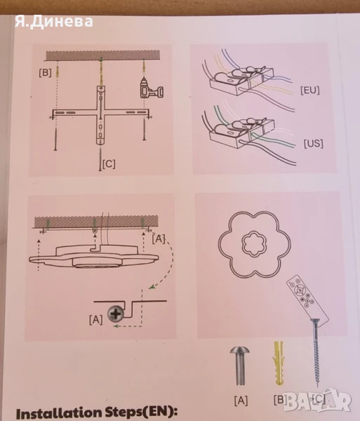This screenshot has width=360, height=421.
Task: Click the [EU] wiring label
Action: click(310, 91)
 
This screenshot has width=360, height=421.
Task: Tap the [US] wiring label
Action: click(313, 144)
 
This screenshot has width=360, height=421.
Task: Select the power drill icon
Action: click(152, 88)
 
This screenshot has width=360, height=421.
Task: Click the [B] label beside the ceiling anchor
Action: click(45, 73)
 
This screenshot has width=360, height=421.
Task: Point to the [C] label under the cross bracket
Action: click(109, 164)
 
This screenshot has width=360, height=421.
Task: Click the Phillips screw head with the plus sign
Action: click(116, 314)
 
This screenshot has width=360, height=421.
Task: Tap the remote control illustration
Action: click(307, 299)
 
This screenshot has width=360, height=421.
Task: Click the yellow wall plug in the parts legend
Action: click(279, 363)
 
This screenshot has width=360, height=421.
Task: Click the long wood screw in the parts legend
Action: click(316, 352)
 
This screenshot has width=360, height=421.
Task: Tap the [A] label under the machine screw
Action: click(241, 401)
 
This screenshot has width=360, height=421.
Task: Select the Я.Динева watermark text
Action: click(54, 22)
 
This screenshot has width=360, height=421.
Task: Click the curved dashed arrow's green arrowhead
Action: click(152, 287)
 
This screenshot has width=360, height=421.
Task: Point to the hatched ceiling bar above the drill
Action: click(103, 55)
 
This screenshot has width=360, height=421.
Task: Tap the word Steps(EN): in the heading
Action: click(141, 413)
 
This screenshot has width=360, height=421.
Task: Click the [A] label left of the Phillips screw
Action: click(96, 320)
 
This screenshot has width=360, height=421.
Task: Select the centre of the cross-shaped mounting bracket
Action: click(100, 112)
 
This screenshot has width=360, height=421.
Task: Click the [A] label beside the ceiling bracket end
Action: click(159, 239)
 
